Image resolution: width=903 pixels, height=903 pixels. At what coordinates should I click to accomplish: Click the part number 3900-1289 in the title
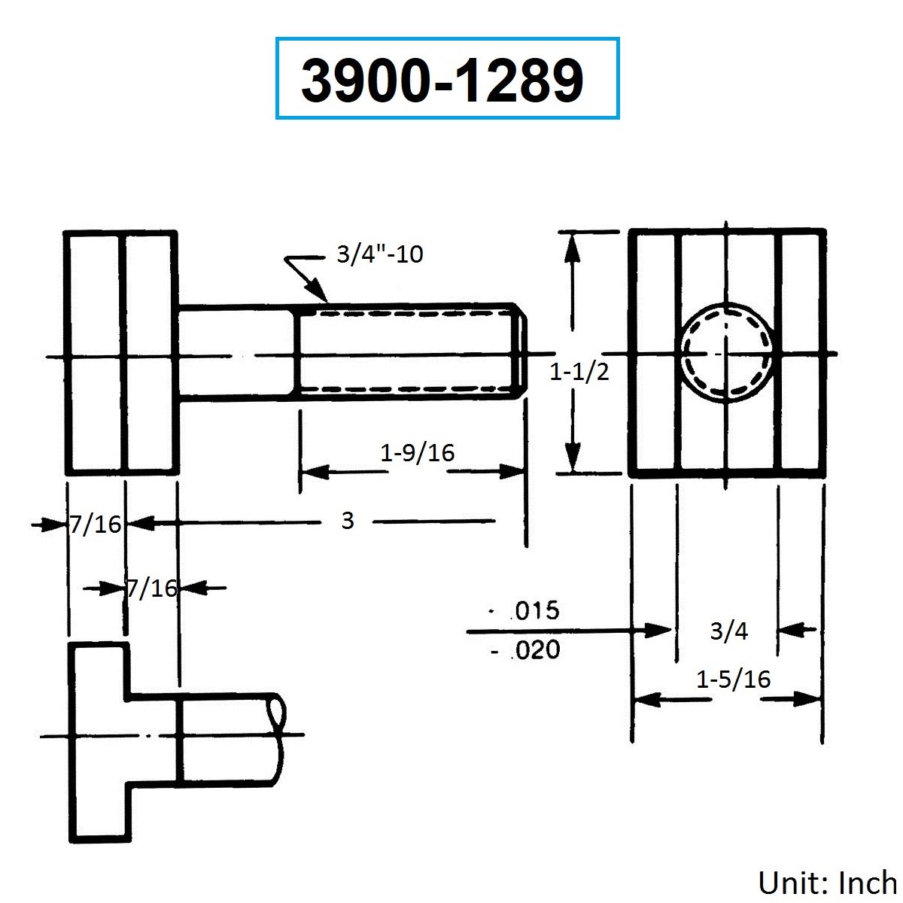pyautogui.click(x=442, y=81)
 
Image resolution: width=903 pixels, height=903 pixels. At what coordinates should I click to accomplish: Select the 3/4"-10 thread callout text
pyautogui.click(x=380, y=254)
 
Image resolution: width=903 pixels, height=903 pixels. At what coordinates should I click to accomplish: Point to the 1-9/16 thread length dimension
pyautogui.click(x=417, y=453)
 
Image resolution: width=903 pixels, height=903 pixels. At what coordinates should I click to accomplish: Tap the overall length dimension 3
pyautogui.click(x=347, y=521)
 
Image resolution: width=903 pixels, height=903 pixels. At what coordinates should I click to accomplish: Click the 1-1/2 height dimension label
pyautogui.click(x=579, y=372)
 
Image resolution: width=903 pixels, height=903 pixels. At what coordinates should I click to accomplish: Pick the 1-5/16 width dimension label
pyautogui.click(x=734, y=679)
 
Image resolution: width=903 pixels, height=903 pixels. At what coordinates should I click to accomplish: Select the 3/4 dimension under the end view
pyautogui.click(x=729, y=631)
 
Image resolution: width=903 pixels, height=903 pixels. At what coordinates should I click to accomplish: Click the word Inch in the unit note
pyautogui.click(x=868, y=883)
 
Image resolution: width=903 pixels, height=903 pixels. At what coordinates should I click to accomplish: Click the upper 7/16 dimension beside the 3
pyautogui.click(x=96, y=524)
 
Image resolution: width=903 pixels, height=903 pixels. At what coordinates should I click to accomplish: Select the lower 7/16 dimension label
pyautogui.click(x=152, y=588)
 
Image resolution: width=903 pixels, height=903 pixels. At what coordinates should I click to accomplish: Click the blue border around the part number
pyautogui.click(x=448, y=38)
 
